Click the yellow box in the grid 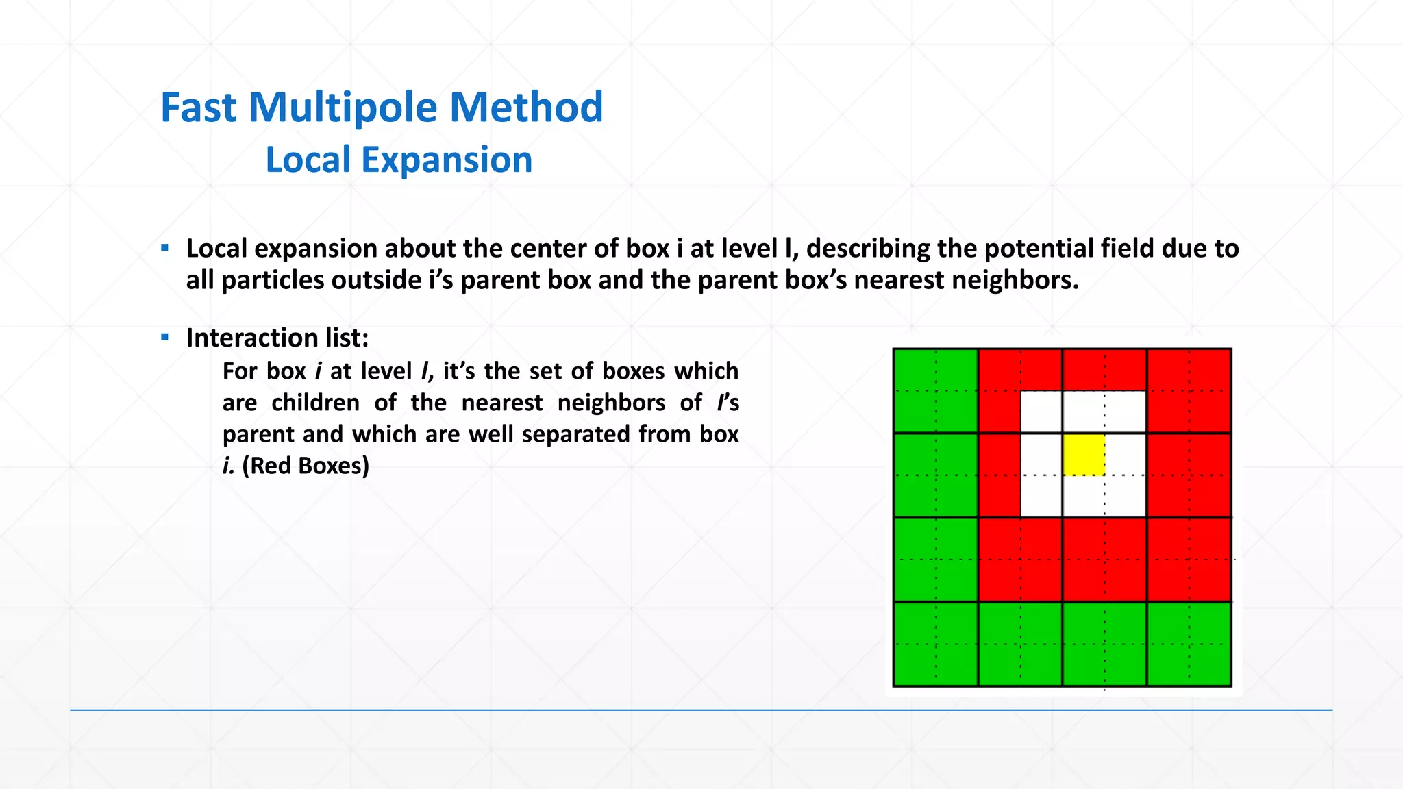[x=1084, y=454]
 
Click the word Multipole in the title [x=344, y=108]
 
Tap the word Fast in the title [x=199, y=108]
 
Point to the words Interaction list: [x=277, y=338]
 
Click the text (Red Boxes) [x=306, y=466]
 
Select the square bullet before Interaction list [x=164, y=337]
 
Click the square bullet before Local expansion [x=164, y=248]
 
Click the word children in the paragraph [x=315, y=403]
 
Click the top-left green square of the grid [x=936, y=390]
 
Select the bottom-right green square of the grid [x=1189, y=644]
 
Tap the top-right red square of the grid [x=1189, y=390]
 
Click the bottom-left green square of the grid [x=936, y=644]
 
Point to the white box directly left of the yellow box [x=1041, y=454]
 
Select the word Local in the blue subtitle [x=308, y=160]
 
